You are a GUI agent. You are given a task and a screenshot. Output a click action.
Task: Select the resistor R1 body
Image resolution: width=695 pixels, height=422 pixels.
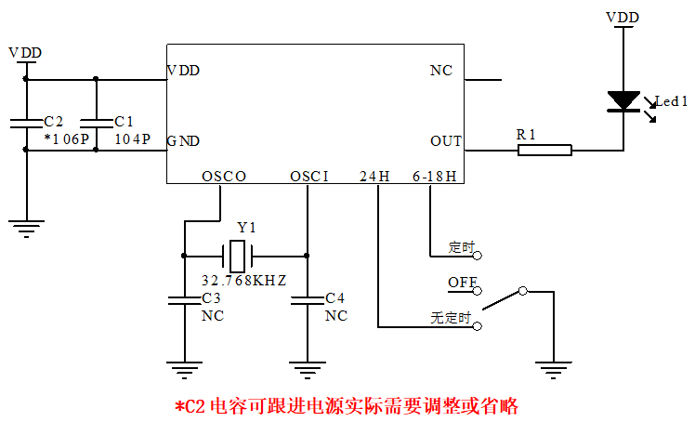tap(544, 149)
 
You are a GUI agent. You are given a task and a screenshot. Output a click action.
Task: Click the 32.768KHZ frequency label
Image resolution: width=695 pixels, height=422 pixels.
tap(243, 280)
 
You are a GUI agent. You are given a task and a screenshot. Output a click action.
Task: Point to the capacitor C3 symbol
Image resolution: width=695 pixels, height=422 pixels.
tap(185, 299)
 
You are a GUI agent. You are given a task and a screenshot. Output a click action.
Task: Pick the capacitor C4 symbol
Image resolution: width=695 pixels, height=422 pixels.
tap(308, 299)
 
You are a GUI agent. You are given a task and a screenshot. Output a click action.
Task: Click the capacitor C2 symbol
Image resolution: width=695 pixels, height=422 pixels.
tap(26, 122)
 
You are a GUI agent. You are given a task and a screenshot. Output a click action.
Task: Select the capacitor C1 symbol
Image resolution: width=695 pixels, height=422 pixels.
tap(96, 122)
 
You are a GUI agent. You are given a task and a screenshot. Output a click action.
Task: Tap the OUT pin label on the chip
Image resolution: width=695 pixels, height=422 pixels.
tap(446, 141)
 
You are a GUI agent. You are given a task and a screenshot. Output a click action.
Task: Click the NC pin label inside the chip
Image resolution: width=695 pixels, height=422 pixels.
tap(441, 71)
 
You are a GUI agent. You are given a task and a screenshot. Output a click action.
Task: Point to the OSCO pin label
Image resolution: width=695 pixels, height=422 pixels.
tap(224, 176)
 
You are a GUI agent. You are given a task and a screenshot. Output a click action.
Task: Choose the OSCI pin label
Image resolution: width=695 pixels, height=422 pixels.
tap(309, 176)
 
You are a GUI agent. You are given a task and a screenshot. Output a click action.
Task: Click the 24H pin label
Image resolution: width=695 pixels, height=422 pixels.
tap(375, 176)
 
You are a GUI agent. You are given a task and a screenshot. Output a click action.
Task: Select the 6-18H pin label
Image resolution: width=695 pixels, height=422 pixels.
tap(435, 176)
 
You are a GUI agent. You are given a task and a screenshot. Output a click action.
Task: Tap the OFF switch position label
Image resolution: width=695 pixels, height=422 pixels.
tap(463, 281)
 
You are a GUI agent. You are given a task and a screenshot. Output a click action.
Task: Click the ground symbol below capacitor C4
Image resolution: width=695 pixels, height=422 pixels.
tap(308, 367)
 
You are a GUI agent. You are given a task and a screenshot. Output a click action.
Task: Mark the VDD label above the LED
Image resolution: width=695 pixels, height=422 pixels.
tap(623, 18)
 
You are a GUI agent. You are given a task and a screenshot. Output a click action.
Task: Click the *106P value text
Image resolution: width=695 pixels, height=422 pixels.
tap(66, 138)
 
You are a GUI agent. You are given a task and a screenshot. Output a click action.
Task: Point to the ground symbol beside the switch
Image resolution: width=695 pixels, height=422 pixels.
tap(555, 369)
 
